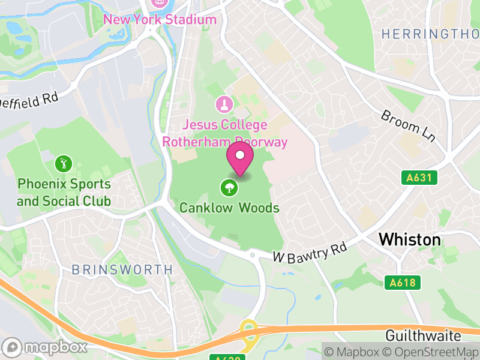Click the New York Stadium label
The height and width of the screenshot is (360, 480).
pos(160,19)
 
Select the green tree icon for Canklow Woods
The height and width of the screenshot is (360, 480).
pos(229,188)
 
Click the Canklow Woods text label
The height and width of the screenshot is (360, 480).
pos(229,208)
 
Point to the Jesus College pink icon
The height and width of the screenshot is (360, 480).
pos(224,105)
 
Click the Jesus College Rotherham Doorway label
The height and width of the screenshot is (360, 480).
pos(224,134)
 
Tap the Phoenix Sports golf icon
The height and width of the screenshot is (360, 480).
pos(63,163)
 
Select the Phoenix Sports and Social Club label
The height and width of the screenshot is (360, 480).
pos(64,192)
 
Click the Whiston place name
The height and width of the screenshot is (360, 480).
pos(409,240)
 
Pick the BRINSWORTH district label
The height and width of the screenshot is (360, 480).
pos(122,270)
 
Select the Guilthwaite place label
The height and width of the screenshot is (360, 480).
pos(423,335)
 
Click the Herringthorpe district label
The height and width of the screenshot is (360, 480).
pos(430,34)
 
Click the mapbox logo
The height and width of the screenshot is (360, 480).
pos(45,347)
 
